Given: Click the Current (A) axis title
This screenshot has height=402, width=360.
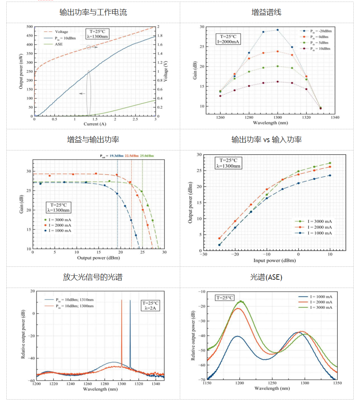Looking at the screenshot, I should (x=94, y=124).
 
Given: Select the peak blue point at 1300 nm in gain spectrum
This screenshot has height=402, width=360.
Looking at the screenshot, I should (x=278, y=30).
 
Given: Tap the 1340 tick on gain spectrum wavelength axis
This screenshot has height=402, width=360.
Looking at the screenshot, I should (x=335, y=117).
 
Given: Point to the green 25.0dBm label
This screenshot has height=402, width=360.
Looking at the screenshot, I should (x=147, y=156).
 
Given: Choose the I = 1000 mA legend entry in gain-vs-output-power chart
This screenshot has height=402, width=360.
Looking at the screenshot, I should (x=61, y=231).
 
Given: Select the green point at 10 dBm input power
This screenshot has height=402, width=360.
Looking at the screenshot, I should (x=330, y=163).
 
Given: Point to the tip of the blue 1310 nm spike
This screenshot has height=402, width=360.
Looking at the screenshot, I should (x=130, y=300).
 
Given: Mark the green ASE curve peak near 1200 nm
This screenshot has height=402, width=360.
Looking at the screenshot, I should (x=241, y=301).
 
